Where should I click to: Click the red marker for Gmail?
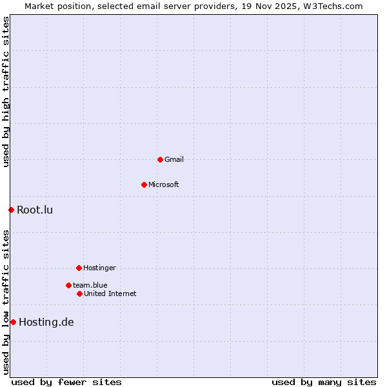coord(160,159)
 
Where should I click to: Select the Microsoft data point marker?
coord(144,184)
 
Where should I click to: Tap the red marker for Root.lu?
coord(11,210)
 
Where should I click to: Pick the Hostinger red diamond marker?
coord(79,268)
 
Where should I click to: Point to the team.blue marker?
coord(68,285)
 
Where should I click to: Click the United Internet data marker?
coord(79,293)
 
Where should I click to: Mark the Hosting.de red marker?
coord(13,322)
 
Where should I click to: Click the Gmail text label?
coord(174,159)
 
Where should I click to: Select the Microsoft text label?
coord(164,184)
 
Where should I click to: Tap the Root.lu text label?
coord(35,210)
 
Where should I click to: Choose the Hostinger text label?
coord(99,268)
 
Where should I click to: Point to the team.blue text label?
coord(90,285)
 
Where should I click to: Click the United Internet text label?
coord(110,293)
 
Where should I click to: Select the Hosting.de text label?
coord(46,322)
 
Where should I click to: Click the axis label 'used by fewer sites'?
coord(66,382)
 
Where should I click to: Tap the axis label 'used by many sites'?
coord(324,382)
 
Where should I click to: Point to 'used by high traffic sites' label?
coord(6,92)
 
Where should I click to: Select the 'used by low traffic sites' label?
coord(6,302)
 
